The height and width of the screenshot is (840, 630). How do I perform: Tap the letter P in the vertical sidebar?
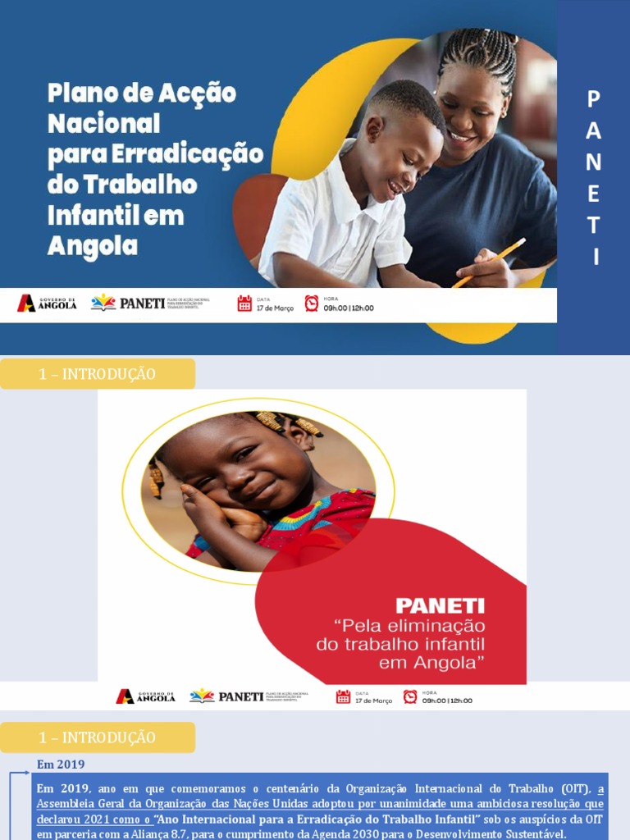pyautogui.click(x=594, y=99)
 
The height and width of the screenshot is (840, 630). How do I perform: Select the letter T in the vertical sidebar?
pyautogui.click(x=594, y=226)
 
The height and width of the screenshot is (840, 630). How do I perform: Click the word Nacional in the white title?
pyautogui.click(x=103, y=124)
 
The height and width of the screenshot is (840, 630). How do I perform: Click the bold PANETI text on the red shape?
pyautogui.click(x=440, y=606)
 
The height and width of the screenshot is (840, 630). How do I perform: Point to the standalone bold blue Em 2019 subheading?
pyautogui.click(x=61, y=765)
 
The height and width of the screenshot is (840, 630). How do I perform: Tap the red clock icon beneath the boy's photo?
pyautogui.click(x=312, y=304)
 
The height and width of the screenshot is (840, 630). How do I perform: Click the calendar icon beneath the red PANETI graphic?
pyautogui.click(x=343, y=696)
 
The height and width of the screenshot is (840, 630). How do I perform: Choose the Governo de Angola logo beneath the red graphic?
pyautogui.click(x=145, y=696)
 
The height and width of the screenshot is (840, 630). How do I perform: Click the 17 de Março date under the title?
pyautogui.click(x=274, y=308)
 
